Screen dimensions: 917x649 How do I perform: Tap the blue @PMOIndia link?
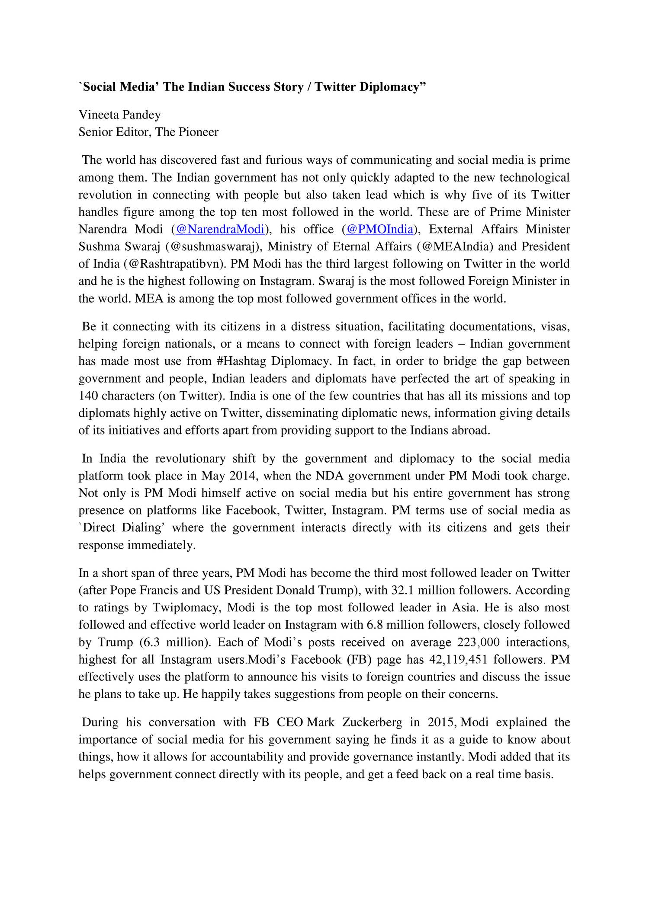click(x=379, y=230)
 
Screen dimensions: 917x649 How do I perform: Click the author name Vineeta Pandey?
click(x=119, y=115)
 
